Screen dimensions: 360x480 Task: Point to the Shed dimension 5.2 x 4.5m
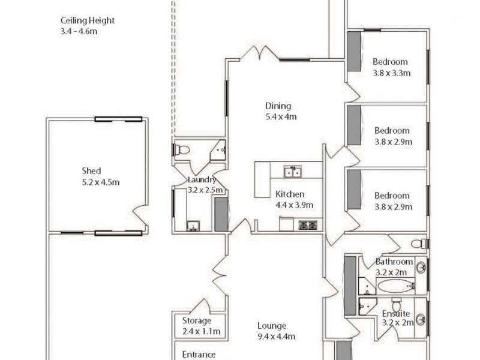tap(100, 182)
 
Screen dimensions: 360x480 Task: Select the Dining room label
tap(278, 106)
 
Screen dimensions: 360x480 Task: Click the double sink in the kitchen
tap(293, 173)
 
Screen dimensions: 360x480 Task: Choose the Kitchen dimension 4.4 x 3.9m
tap(294, 205)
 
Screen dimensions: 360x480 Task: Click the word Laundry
tap(201, 180)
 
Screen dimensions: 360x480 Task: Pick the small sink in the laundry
tap(193, 226)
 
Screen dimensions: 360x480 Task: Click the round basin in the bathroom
tap(421, 268)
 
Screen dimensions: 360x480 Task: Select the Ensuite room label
tap(396, 314)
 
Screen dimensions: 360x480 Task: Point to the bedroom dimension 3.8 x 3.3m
tap(391, 73)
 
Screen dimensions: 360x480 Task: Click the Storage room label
tap(197, 321)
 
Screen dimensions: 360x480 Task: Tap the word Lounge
tap(272, 326)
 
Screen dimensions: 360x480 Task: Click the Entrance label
tap(199, 355)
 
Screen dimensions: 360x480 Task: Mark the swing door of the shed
tap(141, 215)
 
